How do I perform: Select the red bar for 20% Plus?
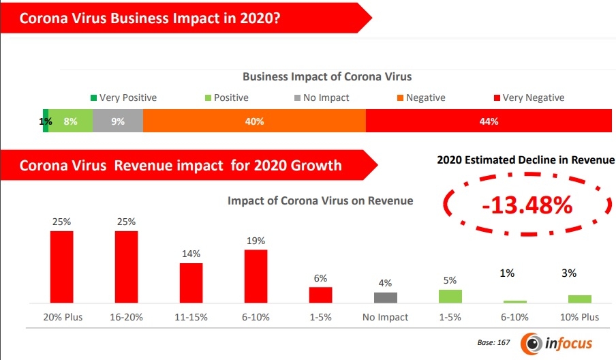(61, 267)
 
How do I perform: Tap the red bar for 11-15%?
(191, 283)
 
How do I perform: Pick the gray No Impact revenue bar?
(386, 297)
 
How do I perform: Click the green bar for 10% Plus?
(579, 299)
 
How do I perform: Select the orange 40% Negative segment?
(254, 121)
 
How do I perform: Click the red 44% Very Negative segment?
(489, 121)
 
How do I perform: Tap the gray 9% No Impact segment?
(118, 121)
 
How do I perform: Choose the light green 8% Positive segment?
(70, 121)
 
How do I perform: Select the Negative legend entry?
(420, 97)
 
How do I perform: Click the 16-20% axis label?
(127, 317)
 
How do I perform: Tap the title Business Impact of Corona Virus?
(327, 76)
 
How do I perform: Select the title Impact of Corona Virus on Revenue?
(320, 200)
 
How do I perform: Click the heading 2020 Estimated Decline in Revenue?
(525, 160)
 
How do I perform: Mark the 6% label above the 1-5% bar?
(320, 278)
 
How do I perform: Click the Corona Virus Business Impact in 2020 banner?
(150, 18)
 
